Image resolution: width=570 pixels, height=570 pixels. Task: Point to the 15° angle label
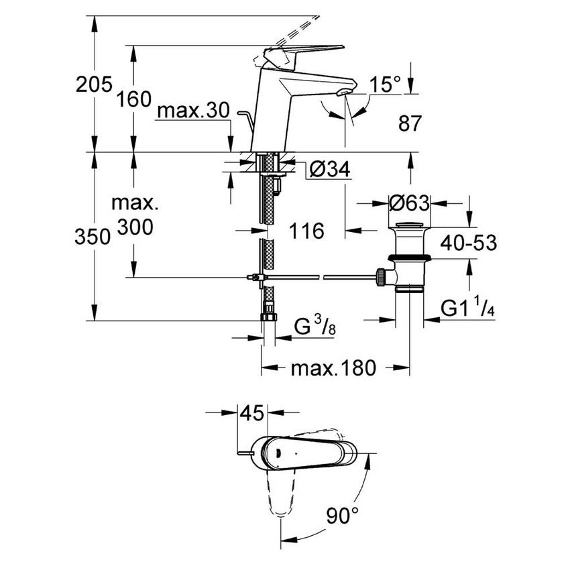coord(386,85)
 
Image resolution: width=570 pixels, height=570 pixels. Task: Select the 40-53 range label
coord(469,243)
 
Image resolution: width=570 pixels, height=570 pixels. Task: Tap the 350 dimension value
coord(93,236)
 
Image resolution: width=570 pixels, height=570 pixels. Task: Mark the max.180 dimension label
coord(333,367)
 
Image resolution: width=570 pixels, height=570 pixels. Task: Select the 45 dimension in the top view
coord(252,414)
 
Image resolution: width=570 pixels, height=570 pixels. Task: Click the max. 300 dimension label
coord(133,215)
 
